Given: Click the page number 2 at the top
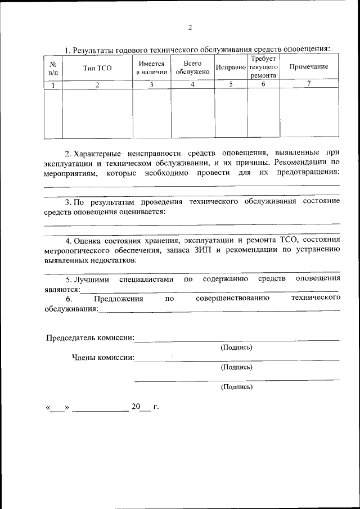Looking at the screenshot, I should click(190, 27).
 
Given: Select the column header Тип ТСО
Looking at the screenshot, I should click(97, 67).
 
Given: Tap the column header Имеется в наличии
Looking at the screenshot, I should click(151, 67).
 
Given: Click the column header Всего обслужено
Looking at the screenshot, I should click(192, 67).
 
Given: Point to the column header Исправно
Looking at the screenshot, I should click(231, 67).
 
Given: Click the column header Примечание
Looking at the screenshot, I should click(309, 67).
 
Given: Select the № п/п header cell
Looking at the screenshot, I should click(53, 67).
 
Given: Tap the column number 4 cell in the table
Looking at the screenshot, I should click(192, 84).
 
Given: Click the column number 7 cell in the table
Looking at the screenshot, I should click(309, 84).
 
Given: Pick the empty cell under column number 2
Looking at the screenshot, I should click(97, 113).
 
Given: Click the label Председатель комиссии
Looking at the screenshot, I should click(90, 337).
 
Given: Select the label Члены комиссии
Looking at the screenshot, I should click(102, 357).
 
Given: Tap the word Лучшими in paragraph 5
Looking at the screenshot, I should click(92, 279).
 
